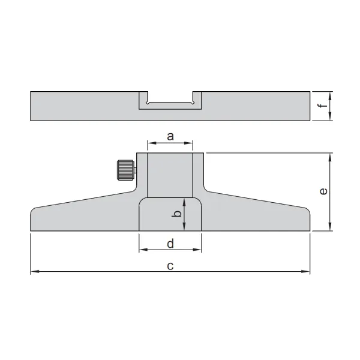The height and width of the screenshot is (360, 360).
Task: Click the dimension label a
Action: tap(170, 136)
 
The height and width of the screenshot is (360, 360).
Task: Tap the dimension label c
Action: tap(170, 266)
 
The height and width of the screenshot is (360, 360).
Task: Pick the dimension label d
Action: tap(170, 244)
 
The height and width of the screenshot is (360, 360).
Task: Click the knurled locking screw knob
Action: tap(125, 170)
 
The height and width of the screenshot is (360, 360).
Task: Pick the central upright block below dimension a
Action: tap(170, 175)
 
